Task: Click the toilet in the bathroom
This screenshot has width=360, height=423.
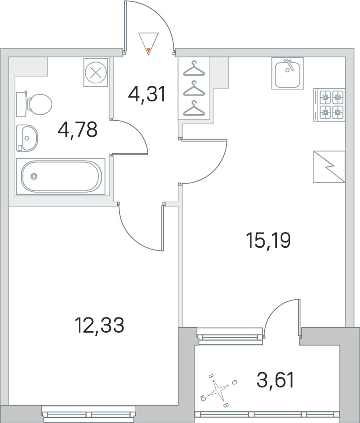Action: click(34, 104)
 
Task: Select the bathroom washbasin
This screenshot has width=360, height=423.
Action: click(27, 137)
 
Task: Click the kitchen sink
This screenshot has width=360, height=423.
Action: click(287, 73)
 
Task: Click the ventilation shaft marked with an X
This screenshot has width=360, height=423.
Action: click(96, 72)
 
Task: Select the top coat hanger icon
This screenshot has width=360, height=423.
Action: click(194, 68)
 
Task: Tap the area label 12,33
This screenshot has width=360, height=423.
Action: click(100, 326)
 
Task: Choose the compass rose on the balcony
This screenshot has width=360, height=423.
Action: click(218, 390)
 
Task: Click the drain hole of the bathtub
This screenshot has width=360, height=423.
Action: click(33, 176)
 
